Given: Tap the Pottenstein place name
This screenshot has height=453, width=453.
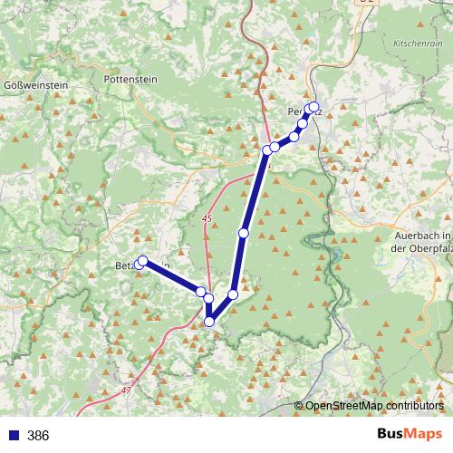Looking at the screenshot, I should click(131, 79).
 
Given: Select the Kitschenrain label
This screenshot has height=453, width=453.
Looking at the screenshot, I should click(417, 43).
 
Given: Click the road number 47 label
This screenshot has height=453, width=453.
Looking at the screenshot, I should click(125, 390).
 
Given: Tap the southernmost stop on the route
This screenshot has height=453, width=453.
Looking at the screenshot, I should click(209, 321).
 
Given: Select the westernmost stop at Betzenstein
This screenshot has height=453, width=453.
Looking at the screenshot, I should click(141, 261).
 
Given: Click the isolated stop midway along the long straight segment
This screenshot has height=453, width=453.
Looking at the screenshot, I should click(243, 233).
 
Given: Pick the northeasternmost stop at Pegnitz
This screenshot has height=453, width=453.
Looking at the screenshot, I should click(314, 107).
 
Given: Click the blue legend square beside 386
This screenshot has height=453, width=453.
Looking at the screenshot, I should click(12, 436).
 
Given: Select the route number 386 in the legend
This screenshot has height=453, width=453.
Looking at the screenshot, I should click(38, 436).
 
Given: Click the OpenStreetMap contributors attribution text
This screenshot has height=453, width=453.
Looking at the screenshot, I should click(374, 406).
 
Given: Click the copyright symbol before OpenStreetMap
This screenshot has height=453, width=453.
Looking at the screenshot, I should click(299, 406).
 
